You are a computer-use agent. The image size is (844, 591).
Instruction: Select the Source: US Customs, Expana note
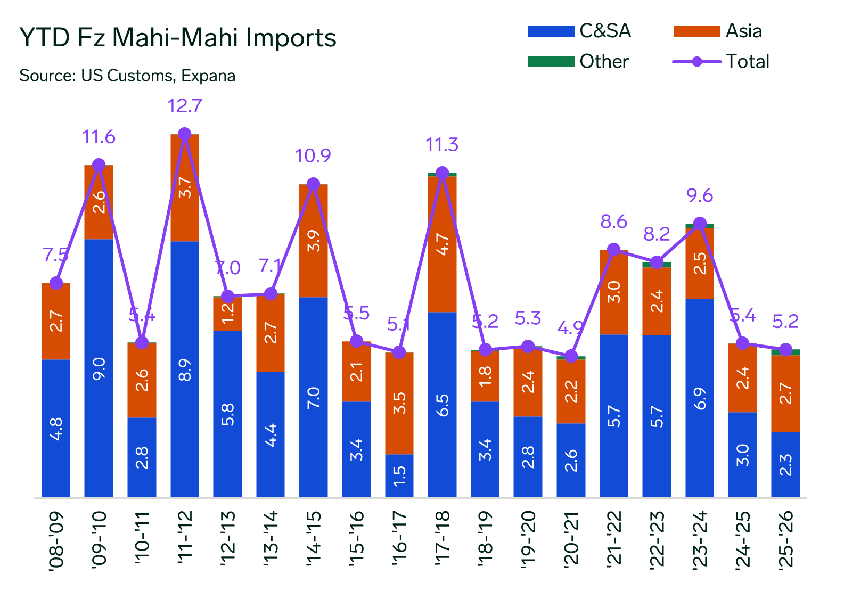[127, 76]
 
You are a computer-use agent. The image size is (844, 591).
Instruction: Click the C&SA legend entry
[579, 31]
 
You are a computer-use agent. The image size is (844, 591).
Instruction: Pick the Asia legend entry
[717, 31]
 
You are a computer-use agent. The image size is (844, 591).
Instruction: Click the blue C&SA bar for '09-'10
[99, 367]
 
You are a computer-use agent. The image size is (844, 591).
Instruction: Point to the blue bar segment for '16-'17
[399, 475]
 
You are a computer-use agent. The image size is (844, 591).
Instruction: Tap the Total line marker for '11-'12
[185, 134]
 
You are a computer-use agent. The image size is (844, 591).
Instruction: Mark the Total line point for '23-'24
[700, 224]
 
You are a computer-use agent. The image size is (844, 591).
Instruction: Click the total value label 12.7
[185, 106]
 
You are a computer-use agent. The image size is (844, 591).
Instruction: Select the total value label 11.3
[442, 145]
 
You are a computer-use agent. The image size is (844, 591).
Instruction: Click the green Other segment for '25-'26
[785, 352]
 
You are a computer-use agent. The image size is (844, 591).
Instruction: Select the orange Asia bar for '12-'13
[228, 314]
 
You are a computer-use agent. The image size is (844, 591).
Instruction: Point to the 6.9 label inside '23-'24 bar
[700, 398]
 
